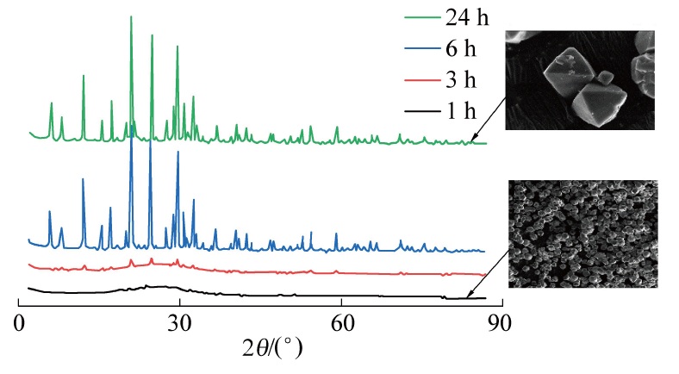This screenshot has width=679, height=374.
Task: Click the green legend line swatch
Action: point(424,16)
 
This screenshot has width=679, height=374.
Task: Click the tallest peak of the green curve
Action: point(131,17)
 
